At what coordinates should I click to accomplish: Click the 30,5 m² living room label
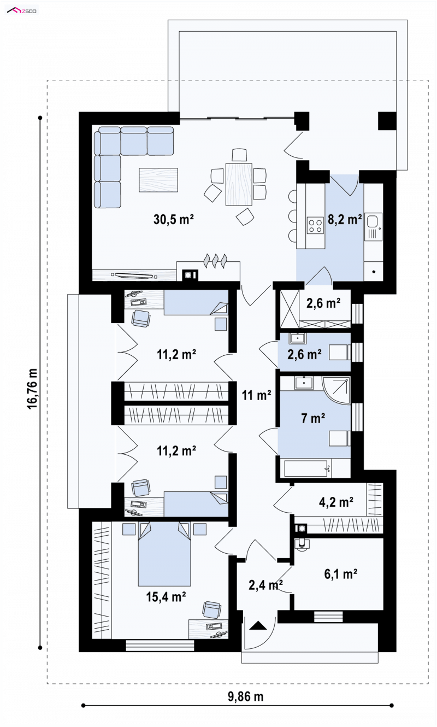coord(174,220)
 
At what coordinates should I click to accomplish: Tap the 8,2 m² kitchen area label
coord(345,220)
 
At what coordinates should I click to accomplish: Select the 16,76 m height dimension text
coord(32,389)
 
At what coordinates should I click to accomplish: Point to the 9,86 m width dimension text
coord(245,696)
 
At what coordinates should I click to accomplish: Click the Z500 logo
coord(22,11)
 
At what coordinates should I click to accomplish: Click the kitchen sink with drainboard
coord(374,226)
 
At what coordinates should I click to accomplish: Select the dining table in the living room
coord(239,184)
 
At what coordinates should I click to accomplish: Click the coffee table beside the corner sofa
coord(158,180)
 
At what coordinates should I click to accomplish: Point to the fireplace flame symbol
coord(215,261)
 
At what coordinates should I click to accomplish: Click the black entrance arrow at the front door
coord(258,625)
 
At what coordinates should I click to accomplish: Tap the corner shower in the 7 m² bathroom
coord(336,390)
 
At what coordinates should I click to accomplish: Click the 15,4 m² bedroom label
coord(166,596)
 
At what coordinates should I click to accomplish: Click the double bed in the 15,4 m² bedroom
coord(164,554)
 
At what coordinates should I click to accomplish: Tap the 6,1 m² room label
coord(341,574)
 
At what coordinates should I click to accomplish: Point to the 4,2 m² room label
coord(336,502)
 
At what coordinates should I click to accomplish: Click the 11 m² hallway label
coord(256,395)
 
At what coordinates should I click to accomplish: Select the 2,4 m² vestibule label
coord(265,585)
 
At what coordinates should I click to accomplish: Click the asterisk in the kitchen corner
coord(374,272)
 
